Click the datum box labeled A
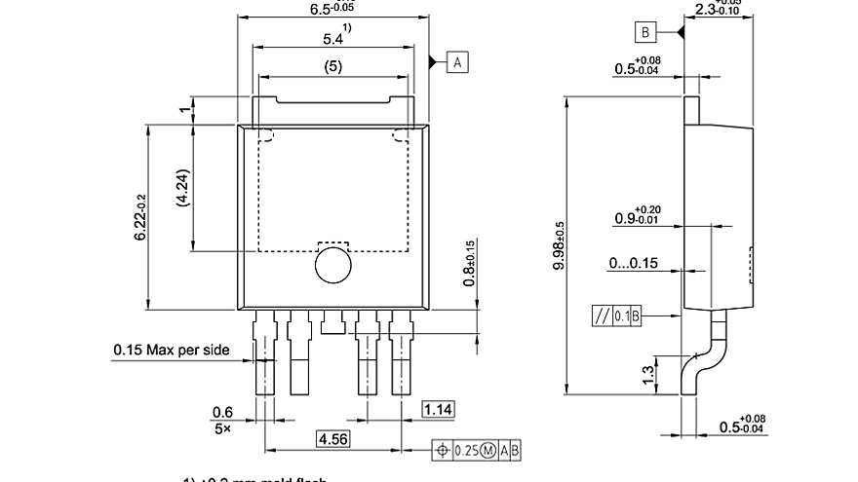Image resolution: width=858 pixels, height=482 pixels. coord(457,62)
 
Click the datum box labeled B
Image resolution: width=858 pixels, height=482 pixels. coord(645,33)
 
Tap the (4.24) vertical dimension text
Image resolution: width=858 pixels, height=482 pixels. coord(182,187)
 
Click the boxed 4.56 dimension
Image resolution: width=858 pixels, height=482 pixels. coord(333,438)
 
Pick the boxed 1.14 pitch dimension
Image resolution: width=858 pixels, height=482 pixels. coord(438,410)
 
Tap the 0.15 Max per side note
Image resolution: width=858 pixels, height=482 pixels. coord(172,349)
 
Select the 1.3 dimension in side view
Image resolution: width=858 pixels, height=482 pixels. coord(648,375)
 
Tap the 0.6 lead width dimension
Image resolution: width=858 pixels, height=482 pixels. coord(223,412)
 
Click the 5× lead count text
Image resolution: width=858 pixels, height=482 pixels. coord(222,428)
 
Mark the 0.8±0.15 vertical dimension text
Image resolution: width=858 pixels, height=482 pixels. coord(469,263)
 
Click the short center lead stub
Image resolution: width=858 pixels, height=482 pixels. coord(332,321)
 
